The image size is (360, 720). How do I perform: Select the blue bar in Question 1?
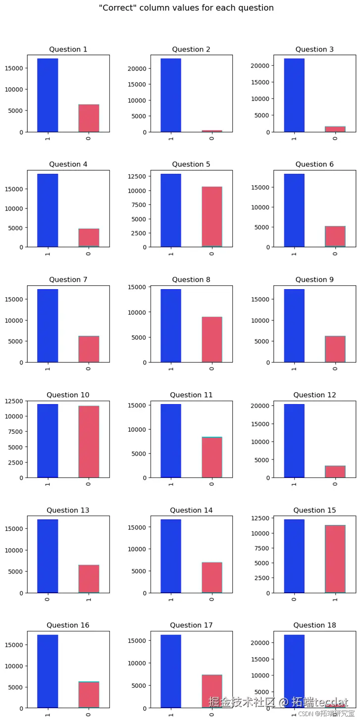click(48, 95)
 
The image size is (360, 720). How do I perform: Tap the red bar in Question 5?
click(212, 217)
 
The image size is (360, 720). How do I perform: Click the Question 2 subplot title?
click(191, 50)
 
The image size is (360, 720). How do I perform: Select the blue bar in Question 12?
click(294, 441)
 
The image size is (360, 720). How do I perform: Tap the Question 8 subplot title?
click(191, 280)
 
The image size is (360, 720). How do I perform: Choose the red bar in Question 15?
click(335, 559)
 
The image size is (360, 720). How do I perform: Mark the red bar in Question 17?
click(212, 691)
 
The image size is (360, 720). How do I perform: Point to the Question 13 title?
click(68, 511)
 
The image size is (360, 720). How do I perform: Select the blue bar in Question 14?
click(171, 556)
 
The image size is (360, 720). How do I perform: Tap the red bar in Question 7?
click(89, 349)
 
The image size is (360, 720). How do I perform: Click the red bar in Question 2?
click(212, 131)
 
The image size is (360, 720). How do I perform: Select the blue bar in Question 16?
click(48, 671)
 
